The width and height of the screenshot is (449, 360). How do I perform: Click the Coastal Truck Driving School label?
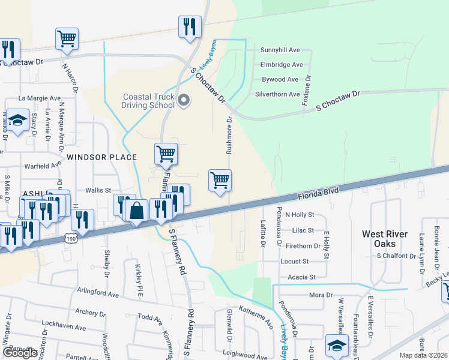[x=149, y=101]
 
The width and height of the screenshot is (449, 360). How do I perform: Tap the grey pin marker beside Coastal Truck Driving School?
[x=184, y=100]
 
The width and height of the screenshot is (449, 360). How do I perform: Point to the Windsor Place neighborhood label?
[x=101, y=157]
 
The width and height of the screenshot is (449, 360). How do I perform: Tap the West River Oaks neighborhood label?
[x=384, y=239]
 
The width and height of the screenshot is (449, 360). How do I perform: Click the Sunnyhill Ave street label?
[x=280, y=50]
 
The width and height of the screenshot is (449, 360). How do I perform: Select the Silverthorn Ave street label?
[x=277, y=94]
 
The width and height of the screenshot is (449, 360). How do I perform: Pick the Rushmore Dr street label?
[x=229, y=136]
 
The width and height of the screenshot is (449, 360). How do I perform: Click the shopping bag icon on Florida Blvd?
[x=137, y=211]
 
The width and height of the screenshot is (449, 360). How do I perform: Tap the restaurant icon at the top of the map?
[x=189, y=27]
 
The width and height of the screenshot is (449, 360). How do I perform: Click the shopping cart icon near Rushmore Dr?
[x=220, y=180]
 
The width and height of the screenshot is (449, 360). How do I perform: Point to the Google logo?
[x=20, y=352]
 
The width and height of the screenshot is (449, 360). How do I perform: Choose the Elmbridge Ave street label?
[x=280, y=65]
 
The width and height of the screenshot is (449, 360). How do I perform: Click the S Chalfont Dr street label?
[x=396, y=256]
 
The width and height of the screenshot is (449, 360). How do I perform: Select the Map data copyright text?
[x=423, y=355]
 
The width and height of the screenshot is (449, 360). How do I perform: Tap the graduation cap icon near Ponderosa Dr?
[x=337, y=346]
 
